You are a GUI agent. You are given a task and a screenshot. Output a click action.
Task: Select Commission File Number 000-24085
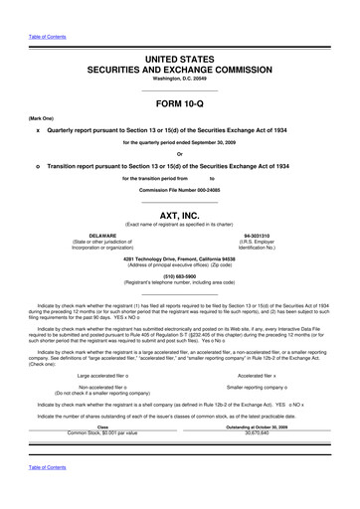click(x=179, y=189)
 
